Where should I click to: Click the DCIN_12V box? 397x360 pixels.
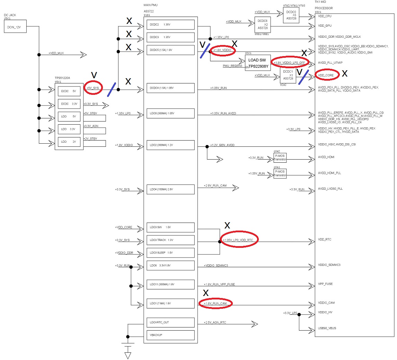click(15, 27)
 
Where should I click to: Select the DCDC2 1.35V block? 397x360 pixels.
click(171, 25)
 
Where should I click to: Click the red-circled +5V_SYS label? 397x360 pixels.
click(93, 87)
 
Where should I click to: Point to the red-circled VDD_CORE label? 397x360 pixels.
click(327, 75)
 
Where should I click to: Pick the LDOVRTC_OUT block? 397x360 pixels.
click(171, 322)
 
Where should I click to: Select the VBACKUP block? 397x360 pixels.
click(171, 335)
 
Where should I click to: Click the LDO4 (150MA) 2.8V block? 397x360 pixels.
click(171, 189)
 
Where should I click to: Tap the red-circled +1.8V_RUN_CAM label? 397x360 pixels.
click(215, 304)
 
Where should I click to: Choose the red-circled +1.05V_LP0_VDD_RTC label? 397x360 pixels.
click(239, 240)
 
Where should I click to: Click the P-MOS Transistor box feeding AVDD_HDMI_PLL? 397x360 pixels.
click(280, 173)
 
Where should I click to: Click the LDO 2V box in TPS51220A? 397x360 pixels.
click(69, 142)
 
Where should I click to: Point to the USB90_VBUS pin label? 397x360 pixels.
click(327, 328)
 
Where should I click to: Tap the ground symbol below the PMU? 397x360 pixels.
click(128, 355)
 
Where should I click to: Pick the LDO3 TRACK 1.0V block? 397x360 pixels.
click(171, 240)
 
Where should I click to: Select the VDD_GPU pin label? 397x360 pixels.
click(325, 26)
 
